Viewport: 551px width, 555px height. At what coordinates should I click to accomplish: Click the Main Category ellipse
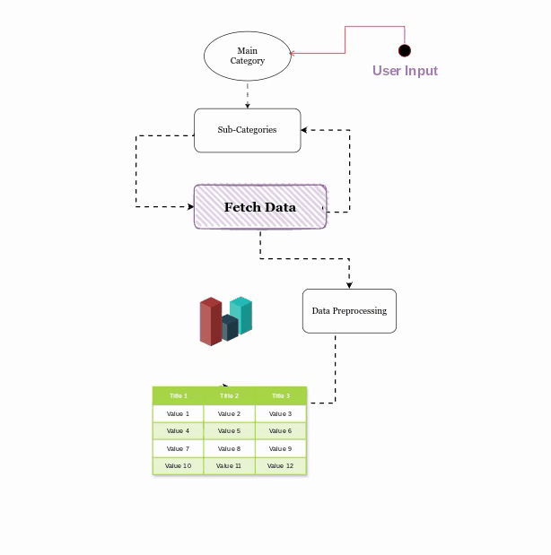click(247, 56)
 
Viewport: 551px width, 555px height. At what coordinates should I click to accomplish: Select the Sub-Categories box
click(247, 130)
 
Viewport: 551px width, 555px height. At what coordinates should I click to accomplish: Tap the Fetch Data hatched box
click(260, 207)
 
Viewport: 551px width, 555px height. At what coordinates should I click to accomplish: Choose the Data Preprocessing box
click(349, 311)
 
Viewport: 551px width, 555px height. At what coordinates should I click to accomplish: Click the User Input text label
click(405, 71)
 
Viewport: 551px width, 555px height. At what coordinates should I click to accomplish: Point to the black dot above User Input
click(405, 50)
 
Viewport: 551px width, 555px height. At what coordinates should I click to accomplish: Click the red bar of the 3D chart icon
click(210, 322)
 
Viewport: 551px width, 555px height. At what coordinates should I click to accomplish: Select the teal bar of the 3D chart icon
click(241, 315)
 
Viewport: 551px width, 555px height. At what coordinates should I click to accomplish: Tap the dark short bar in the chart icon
click(228, 328)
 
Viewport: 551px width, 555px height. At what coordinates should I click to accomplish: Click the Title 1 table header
click(178, 395)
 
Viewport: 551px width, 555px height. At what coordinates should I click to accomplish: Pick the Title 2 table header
click(229, 395)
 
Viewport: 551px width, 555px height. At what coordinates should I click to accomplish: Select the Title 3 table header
click(281, 395)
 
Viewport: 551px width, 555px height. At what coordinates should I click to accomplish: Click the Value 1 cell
click(178, 413)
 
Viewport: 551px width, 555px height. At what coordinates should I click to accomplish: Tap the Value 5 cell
click(229, 431)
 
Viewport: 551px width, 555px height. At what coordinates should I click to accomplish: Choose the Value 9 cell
click(281, 448)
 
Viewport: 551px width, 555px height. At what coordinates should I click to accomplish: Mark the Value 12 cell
click(281, 466)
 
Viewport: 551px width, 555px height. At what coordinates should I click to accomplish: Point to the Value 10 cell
click(178, 466)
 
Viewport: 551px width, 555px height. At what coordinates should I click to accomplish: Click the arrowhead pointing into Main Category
click(293, 53)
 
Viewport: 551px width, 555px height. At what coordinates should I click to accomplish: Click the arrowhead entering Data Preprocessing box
click(349, 285)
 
